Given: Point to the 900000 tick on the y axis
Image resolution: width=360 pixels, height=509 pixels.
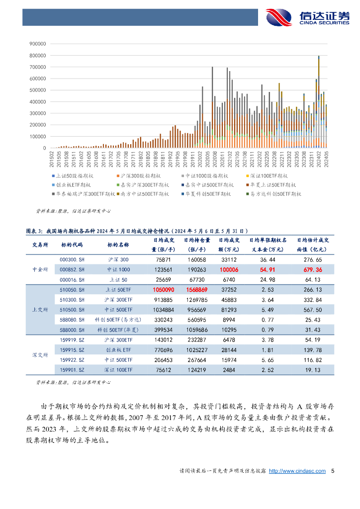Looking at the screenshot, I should (38, 43).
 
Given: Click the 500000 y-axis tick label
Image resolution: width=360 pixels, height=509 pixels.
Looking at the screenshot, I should (38, 90).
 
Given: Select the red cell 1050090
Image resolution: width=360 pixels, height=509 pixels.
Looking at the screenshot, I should (164, 290).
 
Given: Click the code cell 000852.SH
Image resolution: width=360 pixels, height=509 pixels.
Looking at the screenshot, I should (72, 269).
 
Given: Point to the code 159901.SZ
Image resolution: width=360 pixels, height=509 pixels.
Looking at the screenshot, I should (72, 370).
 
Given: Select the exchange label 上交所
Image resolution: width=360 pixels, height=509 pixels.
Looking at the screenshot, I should (40, 310).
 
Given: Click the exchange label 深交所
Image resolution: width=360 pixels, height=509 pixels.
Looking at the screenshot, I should (40, 354).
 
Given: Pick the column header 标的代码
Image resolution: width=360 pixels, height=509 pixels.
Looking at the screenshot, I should (72, 245).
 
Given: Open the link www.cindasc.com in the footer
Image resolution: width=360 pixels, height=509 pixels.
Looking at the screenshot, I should (297, 471).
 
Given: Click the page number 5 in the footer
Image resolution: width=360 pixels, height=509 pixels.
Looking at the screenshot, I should (333, 471).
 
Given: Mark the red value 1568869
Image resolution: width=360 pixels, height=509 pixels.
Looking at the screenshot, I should (197, 290).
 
